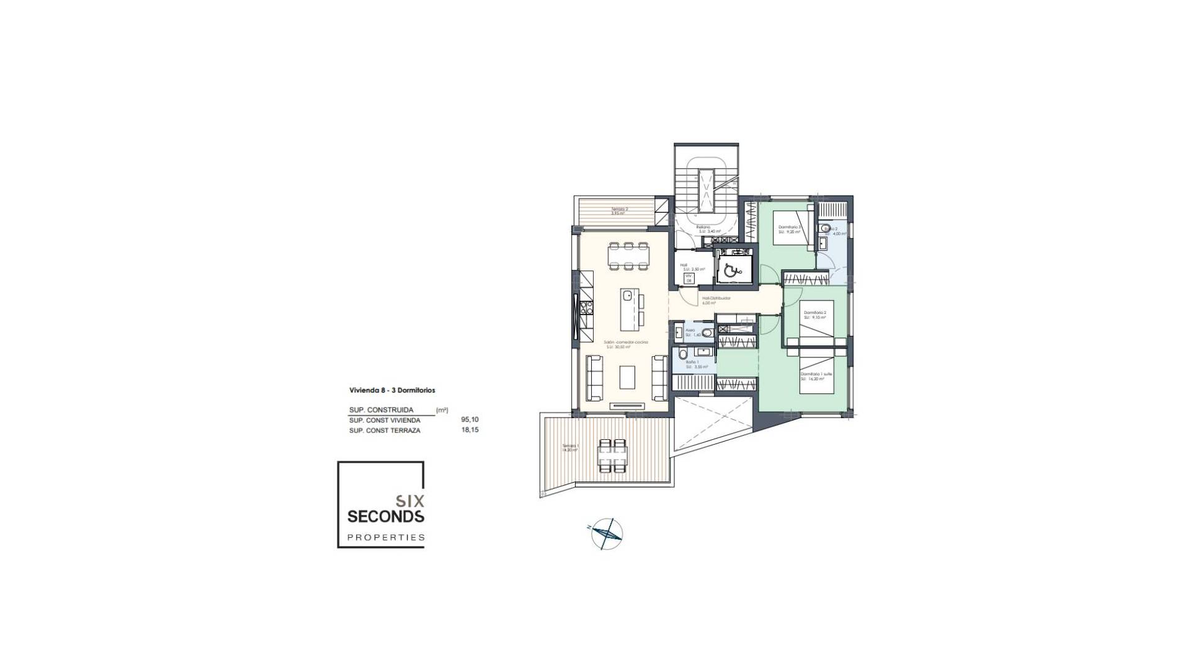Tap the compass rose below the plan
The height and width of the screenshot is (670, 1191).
(x=607, y=533)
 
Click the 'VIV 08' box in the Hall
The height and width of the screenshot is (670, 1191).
(x=688, y=278)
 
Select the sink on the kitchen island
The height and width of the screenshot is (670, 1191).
(x=194, y=295)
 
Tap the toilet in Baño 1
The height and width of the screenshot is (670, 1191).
(x=683, y=355)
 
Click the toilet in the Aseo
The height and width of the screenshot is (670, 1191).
(x=706, y=333)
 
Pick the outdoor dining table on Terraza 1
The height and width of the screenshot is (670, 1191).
(x=177, y=455)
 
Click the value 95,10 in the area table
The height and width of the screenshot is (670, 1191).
(x=470, y=420)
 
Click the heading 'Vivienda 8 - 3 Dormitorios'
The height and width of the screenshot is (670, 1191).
(x=391, y=390)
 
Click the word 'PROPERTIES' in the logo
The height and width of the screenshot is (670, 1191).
(x=385, y=537)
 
